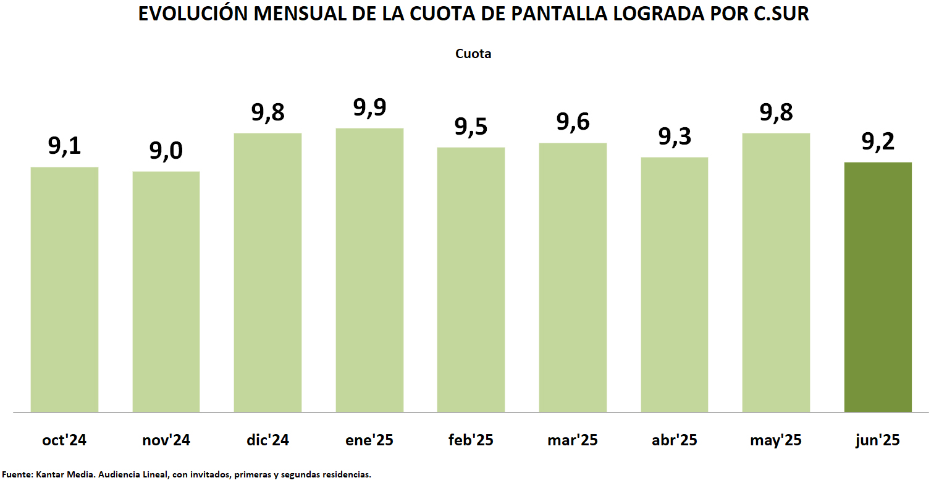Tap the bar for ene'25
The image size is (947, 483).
coord(369,270)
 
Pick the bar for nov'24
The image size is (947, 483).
coord(166,292)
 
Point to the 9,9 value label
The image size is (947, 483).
coord(369,108)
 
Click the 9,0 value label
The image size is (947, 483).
coord(166,151)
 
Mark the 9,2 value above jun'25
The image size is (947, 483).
coord(877,142)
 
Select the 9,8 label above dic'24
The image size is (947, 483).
coord(267,113)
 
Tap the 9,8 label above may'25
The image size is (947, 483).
coord(776,113)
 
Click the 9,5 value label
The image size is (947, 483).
coord(471,127)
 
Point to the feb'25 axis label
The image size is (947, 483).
coord(471,440)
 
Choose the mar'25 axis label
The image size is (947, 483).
coord(572,440)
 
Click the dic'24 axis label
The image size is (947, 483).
coord(267,440)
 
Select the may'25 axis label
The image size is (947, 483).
coord(776,440)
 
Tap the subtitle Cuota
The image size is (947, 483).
coord(473,54)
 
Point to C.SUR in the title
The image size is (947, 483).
coord(781,14)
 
